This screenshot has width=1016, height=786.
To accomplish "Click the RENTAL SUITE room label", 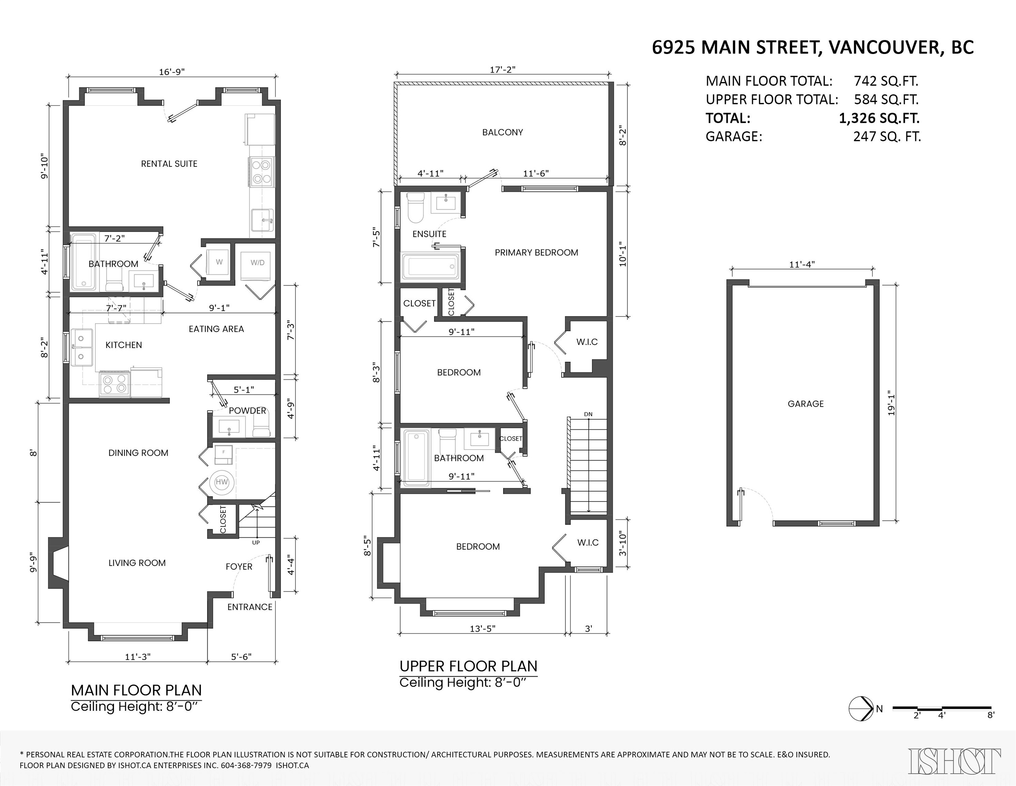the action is tap(169, 164).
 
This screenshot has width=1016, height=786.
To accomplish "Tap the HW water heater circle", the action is tap(222, 482).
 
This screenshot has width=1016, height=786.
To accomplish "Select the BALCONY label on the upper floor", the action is tap(503, 132).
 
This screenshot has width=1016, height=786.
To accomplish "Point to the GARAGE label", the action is tap(806, 404).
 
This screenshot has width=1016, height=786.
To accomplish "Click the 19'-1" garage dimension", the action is tap(891, 403).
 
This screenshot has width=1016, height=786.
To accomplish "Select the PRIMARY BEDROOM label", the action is tap(536, 253).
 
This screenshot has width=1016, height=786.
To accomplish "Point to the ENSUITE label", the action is tap(429, 234).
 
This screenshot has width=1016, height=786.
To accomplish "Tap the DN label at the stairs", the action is tap(588, 414).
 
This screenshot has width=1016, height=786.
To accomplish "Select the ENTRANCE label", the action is tap(250, 607).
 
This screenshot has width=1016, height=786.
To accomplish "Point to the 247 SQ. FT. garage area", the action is tap(887, 137).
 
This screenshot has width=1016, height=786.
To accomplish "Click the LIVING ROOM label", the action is tap(137, 563).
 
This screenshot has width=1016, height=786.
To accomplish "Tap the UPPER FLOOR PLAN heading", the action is tap(468, 666).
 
